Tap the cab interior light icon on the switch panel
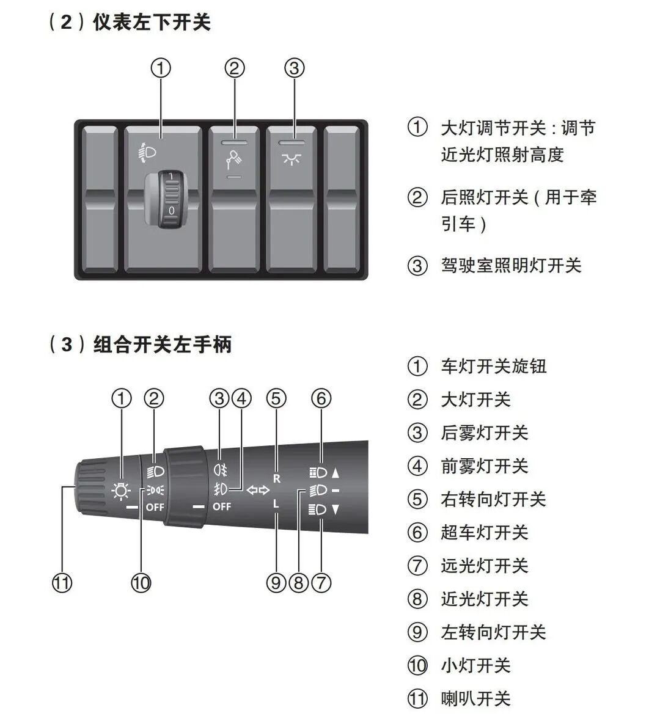(291, 160)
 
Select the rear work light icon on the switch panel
(233, 160)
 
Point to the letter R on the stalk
(276, 478)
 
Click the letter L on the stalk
(276, 505)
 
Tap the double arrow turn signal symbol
(258, 490)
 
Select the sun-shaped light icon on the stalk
(121, 491)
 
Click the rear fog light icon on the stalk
(221, 470)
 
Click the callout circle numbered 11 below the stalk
(62, 582)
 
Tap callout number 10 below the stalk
(141, 582)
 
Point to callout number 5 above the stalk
(276, 399)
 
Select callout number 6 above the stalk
(321, 399)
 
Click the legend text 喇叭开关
(475, 698)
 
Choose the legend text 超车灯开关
(484, 532)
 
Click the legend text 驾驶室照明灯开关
(511, 265)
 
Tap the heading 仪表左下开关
(152, 23)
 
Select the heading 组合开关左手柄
(163, 345)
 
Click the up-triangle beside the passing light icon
(335, 472)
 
